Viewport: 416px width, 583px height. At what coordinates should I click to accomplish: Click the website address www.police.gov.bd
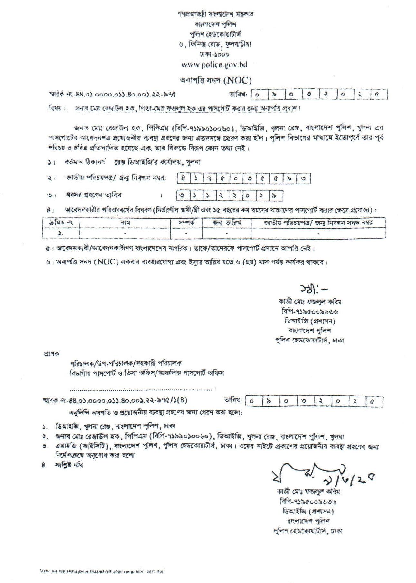point(214,65)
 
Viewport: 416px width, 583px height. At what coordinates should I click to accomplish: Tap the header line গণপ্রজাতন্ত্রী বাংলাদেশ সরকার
point(215,14)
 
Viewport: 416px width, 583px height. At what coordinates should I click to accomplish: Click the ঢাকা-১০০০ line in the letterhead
point(215,54)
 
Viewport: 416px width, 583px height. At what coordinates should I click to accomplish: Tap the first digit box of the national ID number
point(183,178)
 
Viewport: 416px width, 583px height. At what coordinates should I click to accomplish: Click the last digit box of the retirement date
point(276,196)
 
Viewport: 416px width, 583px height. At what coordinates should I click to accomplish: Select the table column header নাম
point(125,222)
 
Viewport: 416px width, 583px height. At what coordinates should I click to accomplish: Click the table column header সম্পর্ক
point(186,222)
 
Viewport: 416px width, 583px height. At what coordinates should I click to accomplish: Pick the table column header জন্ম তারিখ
point(227,222)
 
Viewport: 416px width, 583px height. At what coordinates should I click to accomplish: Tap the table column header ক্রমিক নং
point(61,222)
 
